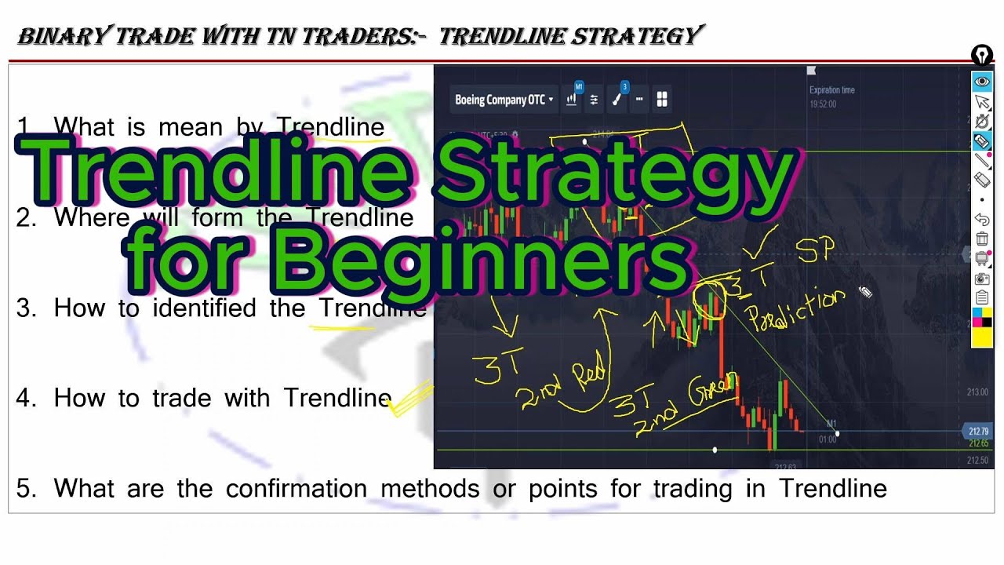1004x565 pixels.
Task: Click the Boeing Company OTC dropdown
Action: point(504,100)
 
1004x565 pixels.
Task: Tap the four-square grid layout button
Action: point(662,100)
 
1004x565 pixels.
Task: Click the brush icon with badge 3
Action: point(617,100)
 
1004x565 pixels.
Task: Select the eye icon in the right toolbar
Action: point(982,82)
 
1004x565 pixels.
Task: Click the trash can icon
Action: point(982,239)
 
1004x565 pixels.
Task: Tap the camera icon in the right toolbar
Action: point(982,279)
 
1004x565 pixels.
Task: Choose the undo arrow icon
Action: point(982,220)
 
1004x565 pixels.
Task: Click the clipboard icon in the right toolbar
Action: point(982,297)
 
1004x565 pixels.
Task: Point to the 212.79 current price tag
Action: point(977,431)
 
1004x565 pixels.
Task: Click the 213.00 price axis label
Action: point(977,392)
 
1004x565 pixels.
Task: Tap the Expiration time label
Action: point(831,90)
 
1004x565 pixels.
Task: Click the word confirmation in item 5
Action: point(296,489)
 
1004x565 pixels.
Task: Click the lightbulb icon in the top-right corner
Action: point(982,55)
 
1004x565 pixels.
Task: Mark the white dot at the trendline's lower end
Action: point(837,434)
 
